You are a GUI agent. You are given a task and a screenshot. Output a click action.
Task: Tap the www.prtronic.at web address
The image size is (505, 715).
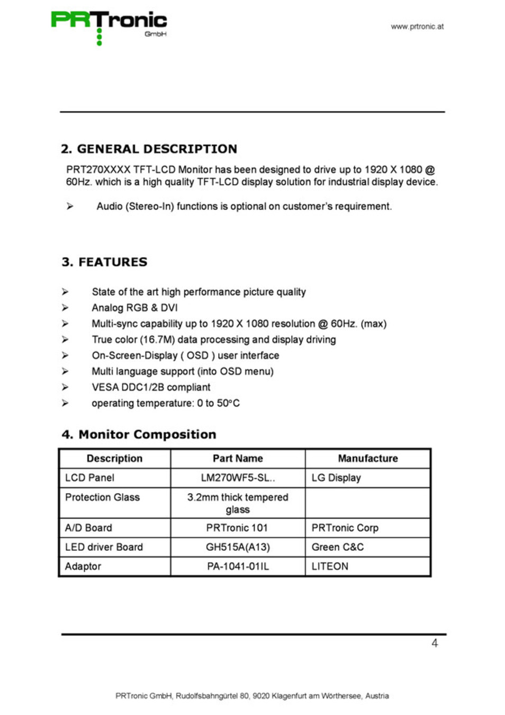(417, 26)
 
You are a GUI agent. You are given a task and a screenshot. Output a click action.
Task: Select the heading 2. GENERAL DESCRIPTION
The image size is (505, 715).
(149, 149)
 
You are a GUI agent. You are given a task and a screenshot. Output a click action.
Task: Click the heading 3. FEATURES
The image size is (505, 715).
(104, 262)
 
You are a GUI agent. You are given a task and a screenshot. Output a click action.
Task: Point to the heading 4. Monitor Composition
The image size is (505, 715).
(139, 434)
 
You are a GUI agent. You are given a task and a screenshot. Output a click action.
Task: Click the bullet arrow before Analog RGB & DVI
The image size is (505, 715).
(65, 308)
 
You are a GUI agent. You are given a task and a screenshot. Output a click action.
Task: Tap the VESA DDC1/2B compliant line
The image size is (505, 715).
(151, 387)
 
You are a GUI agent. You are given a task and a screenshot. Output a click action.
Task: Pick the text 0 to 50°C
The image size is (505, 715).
(218, 403)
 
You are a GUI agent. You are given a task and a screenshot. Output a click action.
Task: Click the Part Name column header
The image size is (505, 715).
(238, 459)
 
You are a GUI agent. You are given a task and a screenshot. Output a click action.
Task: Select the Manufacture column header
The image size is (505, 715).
(368, 459)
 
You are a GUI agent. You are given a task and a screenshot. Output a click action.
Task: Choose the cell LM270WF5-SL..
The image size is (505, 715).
(238, 478)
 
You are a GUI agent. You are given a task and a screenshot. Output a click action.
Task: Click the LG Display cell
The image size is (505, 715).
(336, 478)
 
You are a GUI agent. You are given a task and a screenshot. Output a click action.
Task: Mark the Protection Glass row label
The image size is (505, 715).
(102, 497)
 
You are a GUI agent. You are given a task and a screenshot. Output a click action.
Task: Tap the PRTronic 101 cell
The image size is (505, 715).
(237, 528)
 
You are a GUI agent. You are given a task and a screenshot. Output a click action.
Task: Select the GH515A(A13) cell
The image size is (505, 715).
(238, 547)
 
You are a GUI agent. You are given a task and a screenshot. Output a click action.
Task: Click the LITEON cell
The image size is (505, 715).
(330, 566)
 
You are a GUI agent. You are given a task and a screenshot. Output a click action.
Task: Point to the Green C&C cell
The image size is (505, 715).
(338, 547)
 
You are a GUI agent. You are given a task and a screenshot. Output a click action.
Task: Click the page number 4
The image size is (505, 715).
(435, 643)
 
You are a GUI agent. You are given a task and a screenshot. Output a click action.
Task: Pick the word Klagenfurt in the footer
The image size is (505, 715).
(289, 696)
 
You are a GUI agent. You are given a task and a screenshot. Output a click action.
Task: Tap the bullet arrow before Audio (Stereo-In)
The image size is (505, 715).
(70, 206)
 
